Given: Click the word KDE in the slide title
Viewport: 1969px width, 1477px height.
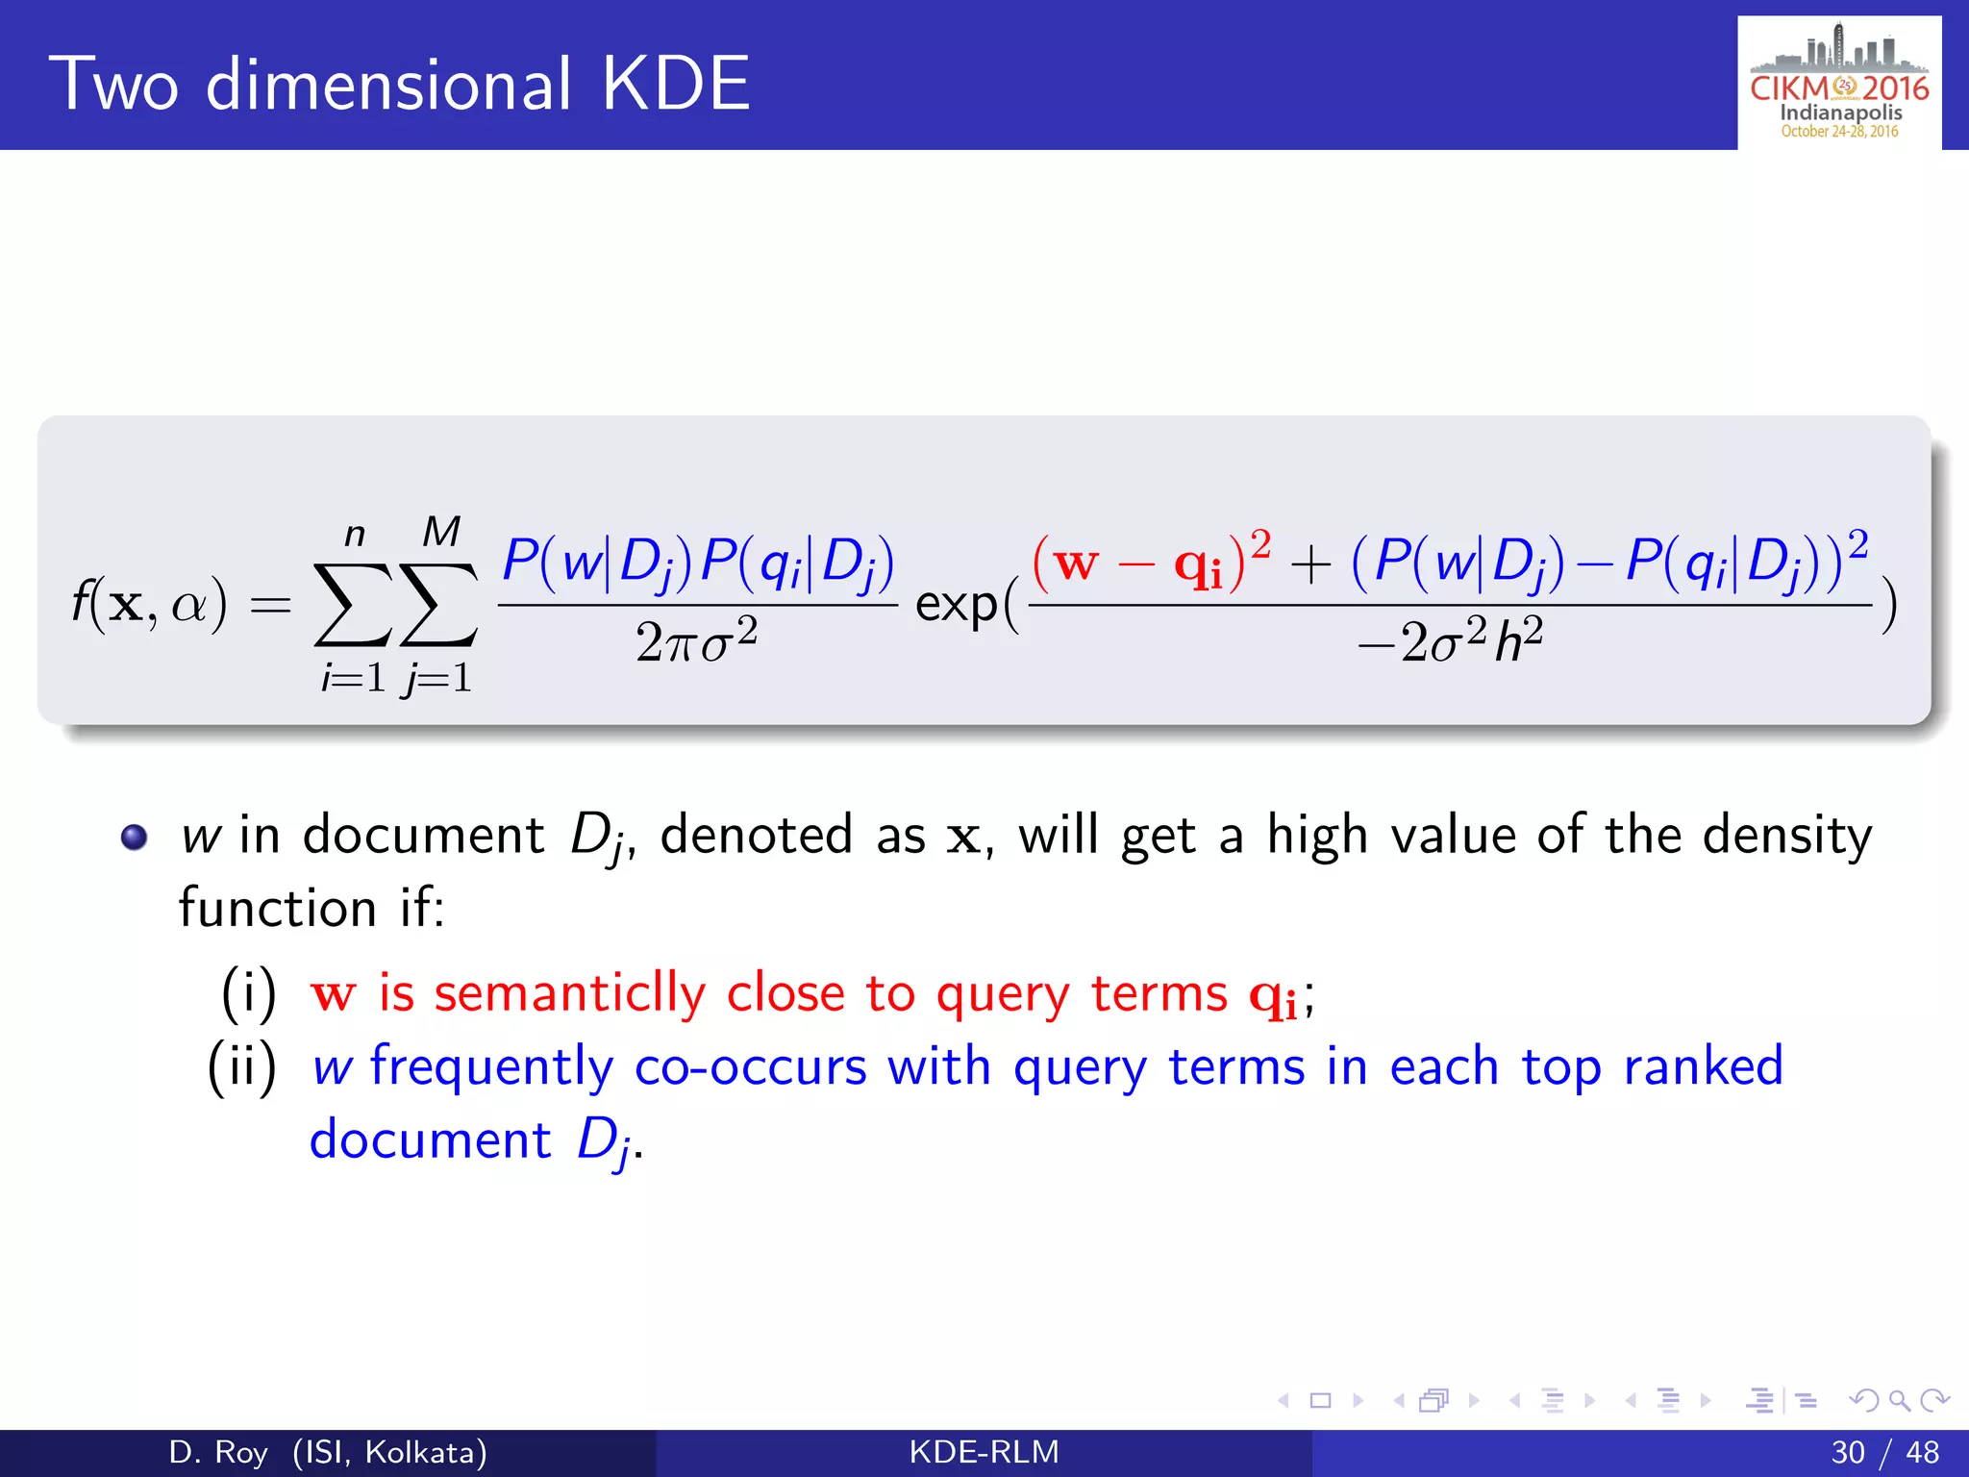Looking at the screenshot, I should (x=675, y=85).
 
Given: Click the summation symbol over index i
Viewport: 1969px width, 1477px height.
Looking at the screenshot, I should (x=353, y=604).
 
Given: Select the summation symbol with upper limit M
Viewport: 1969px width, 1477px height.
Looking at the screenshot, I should (x=439, y=604).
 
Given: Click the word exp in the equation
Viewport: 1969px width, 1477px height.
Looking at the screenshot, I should (x=957, y=606).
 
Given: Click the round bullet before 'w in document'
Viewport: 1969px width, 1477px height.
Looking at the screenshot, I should (x=135, y=837).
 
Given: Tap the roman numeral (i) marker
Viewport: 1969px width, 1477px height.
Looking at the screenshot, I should (x=249, y=993).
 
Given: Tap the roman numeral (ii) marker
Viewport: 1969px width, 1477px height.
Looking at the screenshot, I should (x=242, y=1067).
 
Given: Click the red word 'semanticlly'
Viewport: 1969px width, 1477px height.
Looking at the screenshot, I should (x=569, y=993).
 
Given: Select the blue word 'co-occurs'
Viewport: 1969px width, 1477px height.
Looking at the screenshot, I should (x=750, y=1067).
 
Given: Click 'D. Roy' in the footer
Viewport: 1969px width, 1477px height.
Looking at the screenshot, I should (x=217, y=1452).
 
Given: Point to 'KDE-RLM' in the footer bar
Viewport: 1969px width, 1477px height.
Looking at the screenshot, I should (x=984, y=1452).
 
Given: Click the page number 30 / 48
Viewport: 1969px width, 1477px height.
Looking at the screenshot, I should (x=1884, y=1452).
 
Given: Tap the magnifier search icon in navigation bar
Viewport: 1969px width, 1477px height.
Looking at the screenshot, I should (x=1898, y=1400).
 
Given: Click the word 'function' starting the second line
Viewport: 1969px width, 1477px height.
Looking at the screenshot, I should (x=277, y=909).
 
